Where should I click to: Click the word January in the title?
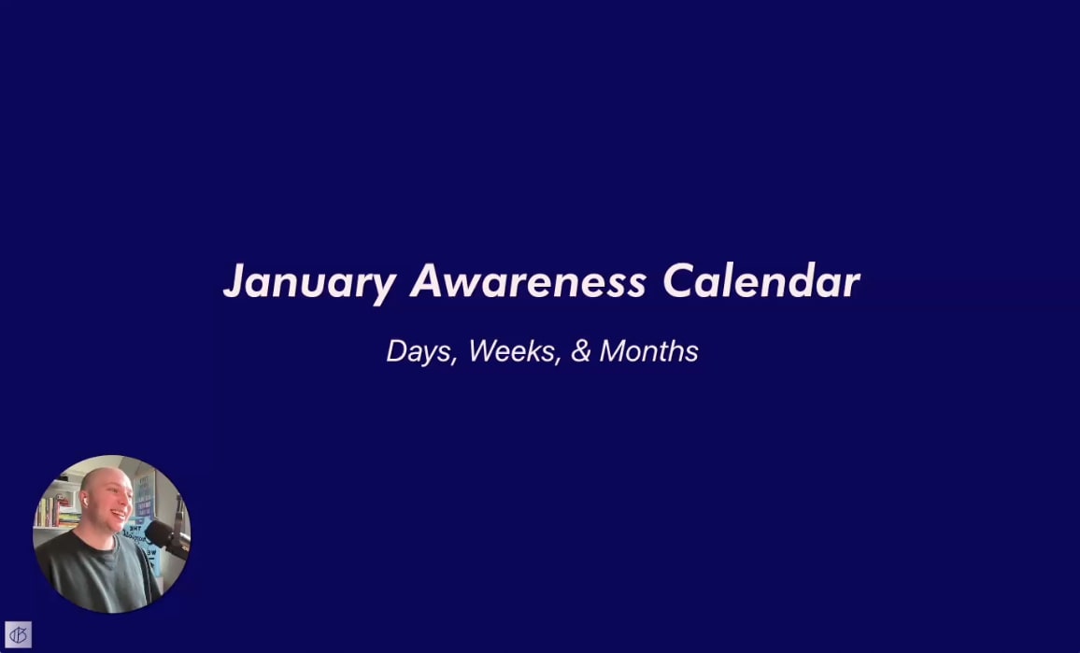point(308,281)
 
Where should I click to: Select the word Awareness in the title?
point(528,281)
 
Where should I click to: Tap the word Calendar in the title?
point(761,281)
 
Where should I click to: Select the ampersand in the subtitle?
point(580,351)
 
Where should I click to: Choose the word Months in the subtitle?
point(648,351)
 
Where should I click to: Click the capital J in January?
point(234,281)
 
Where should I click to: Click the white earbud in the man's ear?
point(85,502)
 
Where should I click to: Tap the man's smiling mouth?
point(119,514)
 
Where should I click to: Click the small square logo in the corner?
point(18,635)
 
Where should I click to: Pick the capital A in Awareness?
point(427,281)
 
